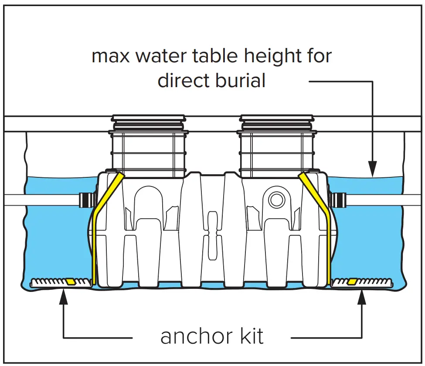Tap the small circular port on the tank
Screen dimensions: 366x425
[x=276, y=200]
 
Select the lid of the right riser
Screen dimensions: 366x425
[x=276, y=118]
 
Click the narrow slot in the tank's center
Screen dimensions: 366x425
[x=212, y=235]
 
